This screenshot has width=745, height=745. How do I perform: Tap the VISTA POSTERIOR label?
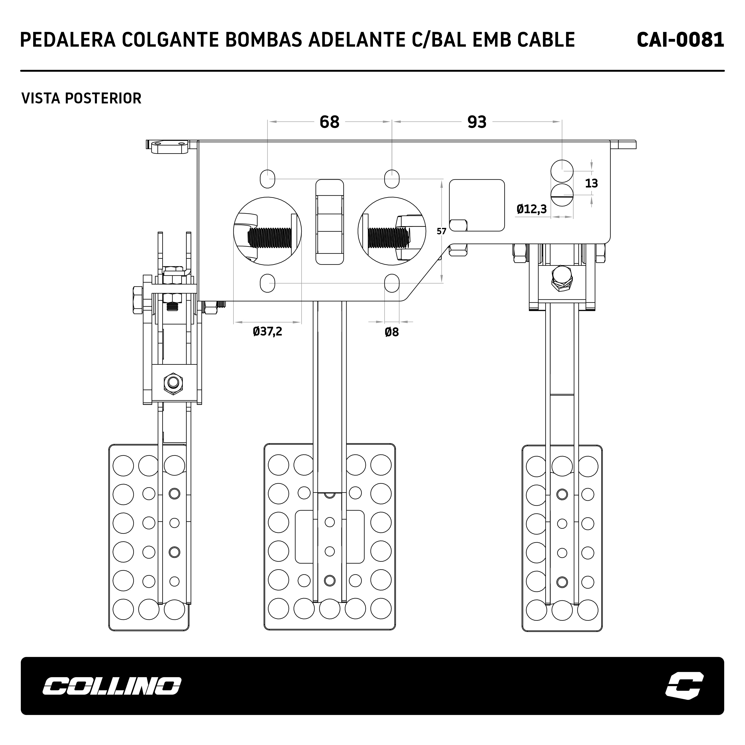(81, 98)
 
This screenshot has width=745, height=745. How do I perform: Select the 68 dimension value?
(329, 122)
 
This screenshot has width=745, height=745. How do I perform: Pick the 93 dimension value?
(477, 122)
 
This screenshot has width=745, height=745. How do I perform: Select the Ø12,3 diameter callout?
(532, 209)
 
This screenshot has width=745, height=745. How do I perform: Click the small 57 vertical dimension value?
(441, 231)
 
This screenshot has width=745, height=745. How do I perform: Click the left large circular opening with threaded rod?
(268, 231)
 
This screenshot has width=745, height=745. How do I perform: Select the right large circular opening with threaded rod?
(392, 231)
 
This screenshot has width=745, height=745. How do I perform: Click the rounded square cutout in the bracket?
(477, 206)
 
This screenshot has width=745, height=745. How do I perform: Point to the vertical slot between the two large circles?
(330, 222)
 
